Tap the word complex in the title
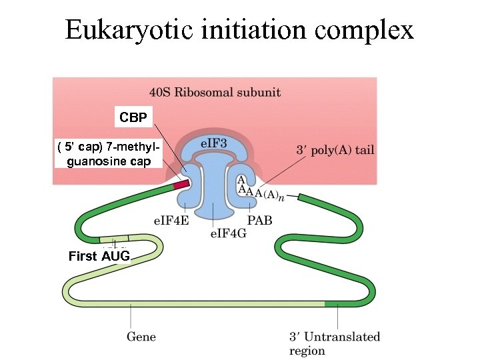[x=367, y=31]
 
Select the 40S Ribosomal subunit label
[x=215, y=92]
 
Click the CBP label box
[x=133, y=118]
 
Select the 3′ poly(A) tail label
[x=334, y=150]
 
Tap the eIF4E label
[x=171, y=221]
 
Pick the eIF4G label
[x=229, y=233]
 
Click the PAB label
[x=259, y=221]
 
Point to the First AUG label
[x=99, y=256]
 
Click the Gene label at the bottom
[x=141, y=336]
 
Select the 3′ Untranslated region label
[x=334, y=343]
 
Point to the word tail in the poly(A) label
[x=364, y=150]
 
